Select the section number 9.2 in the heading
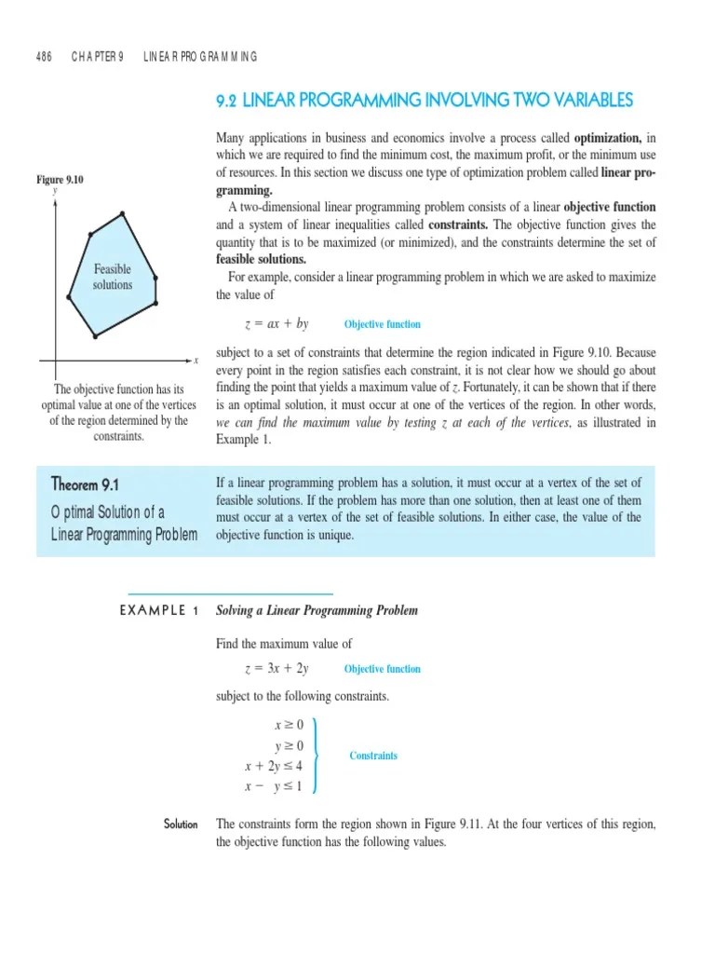click(228, 100)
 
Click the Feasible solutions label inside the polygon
click(113, 277)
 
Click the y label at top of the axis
click(56, 190)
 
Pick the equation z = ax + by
click(276, 324)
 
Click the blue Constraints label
click(373, 756)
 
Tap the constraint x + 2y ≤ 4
click(275, 766)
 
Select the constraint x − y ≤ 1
click(275, 786)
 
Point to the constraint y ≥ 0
click(289, 745)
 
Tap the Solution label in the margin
click(181, 824)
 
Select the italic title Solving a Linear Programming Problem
click(317, 610)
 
